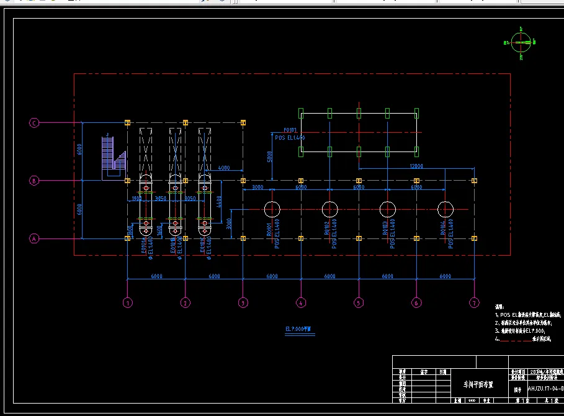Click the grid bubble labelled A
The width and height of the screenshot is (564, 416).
(x=35, y=238)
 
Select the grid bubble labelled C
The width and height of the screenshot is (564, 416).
(x=35, y=123)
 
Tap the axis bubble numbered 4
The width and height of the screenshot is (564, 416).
(x=301, y=303)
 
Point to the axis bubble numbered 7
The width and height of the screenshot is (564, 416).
(x=474, y=303)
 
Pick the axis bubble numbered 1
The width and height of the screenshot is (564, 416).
(x=127, y=303)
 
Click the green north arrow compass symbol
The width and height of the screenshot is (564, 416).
(x=520, y=42)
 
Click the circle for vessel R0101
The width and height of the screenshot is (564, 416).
(x=272, y=210)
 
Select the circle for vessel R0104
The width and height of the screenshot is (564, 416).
(x=445, y=210)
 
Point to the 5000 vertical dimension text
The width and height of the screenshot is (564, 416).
(x=269, y=157)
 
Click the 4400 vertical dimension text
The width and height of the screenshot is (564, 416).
(x=220, y=203)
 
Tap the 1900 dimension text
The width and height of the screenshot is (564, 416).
(x=137, y=199)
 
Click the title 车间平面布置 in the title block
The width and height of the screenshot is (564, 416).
(x=473, y=385)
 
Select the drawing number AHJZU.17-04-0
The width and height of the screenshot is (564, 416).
(x=545, y=389)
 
